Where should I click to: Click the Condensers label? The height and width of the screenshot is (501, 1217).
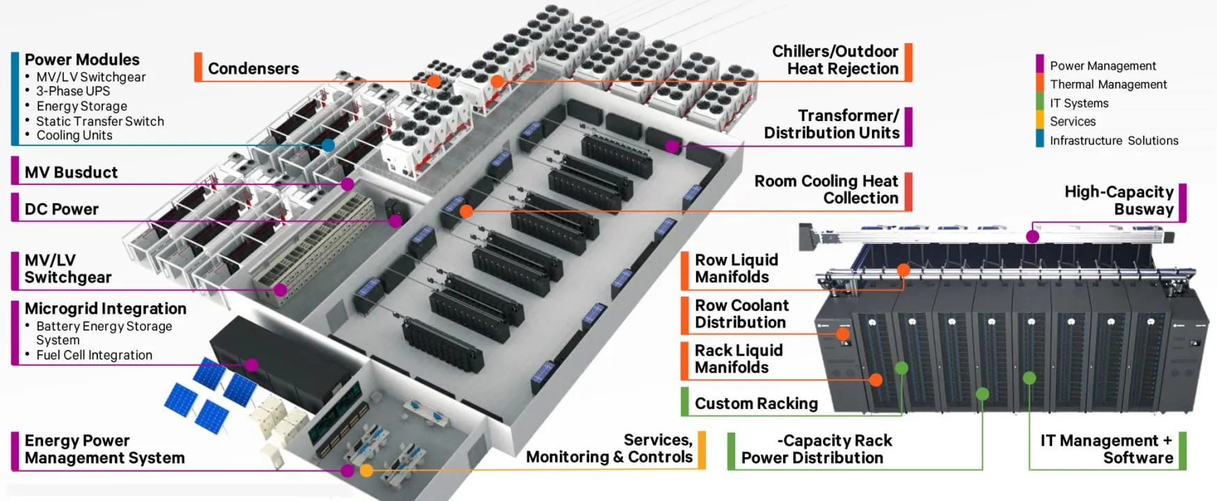point(253,68)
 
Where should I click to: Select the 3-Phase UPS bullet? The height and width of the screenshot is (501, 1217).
point(73,91)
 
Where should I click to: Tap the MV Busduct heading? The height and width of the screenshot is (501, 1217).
point(71,172)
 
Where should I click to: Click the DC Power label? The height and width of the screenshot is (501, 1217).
point(61,209)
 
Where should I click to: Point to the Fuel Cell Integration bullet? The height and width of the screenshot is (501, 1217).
point(94,355)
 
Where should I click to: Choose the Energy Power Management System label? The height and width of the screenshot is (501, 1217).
point(104,450)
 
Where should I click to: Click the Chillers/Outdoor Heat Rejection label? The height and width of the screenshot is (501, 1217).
point(835,60)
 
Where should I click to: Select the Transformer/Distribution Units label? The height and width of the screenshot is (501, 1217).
point(832,124)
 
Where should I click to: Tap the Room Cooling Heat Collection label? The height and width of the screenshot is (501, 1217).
point(826,189)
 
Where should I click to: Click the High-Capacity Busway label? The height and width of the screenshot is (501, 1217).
point(1119,200)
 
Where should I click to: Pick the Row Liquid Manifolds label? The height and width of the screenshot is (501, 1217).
point(736,268)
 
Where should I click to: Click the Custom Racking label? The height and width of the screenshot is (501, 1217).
point(756,404)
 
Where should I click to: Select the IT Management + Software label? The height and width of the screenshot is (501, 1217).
point(1106,449)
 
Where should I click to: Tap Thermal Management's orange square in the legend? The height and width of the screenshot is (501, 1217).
point(1040,84)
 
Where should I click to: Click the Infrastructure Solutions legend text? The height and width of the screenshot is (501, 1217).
point(1113,141)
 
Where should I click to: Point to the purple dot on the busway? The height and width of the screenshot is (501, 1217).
point(1033,237)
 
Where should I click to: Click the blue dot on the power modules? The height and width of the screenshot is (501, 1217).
point(328,145)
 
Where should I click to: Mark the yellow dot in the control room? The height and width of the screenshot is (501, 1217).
point(366,470)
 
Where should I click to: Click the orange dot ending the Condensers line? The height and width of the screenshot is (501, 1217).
point(434,81)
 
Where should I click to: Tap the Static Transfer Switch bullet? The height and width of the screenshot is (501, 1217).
point(100,121)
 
